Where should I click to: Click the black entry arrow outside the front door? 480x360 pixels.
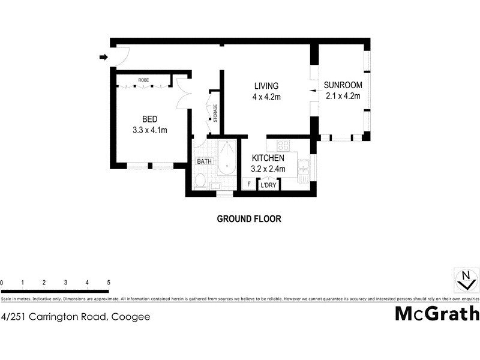pyautogui.click(x=103, y=58)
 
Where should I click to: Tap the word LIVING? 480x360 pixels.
pyautogui.click(x=266, y=86)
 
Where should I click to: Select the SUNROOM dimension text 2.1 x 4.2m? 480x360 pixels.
pyautogui.click(x=342, y=96)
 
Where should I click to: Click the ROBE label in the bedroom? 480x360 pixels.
pyautogui.click(x=143, y=80)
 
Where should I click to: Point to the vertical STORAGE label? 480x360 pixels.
pyautogui.click(x=215, y=113)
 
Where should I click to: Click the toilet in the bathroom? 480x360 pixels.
pyautogui.click(x=201, y=181)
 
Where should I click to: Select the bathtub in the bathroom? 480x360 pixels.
pyautogui.click(x=226, y=157)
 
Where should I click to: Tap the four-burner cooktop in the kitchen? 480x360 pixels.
pyautogui.click(x=283, y=146)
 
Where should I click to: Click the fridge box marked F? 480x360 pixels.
pyautogui.click(x=249, y=185)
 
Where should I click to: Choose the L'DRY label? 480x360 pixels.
pyautogui.click(x=268, y=185)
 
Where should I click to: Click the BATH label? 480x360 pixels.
pyautogui.click(x=204, y=161)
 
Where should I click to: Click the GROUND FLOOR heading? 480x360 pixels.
pyautogui.click(x=248, y=219)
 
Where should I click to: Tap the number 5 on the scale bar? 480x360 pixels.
pyautogui.click(x=109, y=282)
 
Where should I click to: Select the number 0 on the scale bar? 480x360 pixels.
pyautogui.click(x=2, y=282)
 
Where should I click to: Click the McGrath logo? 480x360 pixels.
pyautogui.click(x=437, y=314)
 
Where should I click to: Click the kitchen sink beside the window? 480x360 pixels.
pyautogui.click(x=304, y=168)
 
